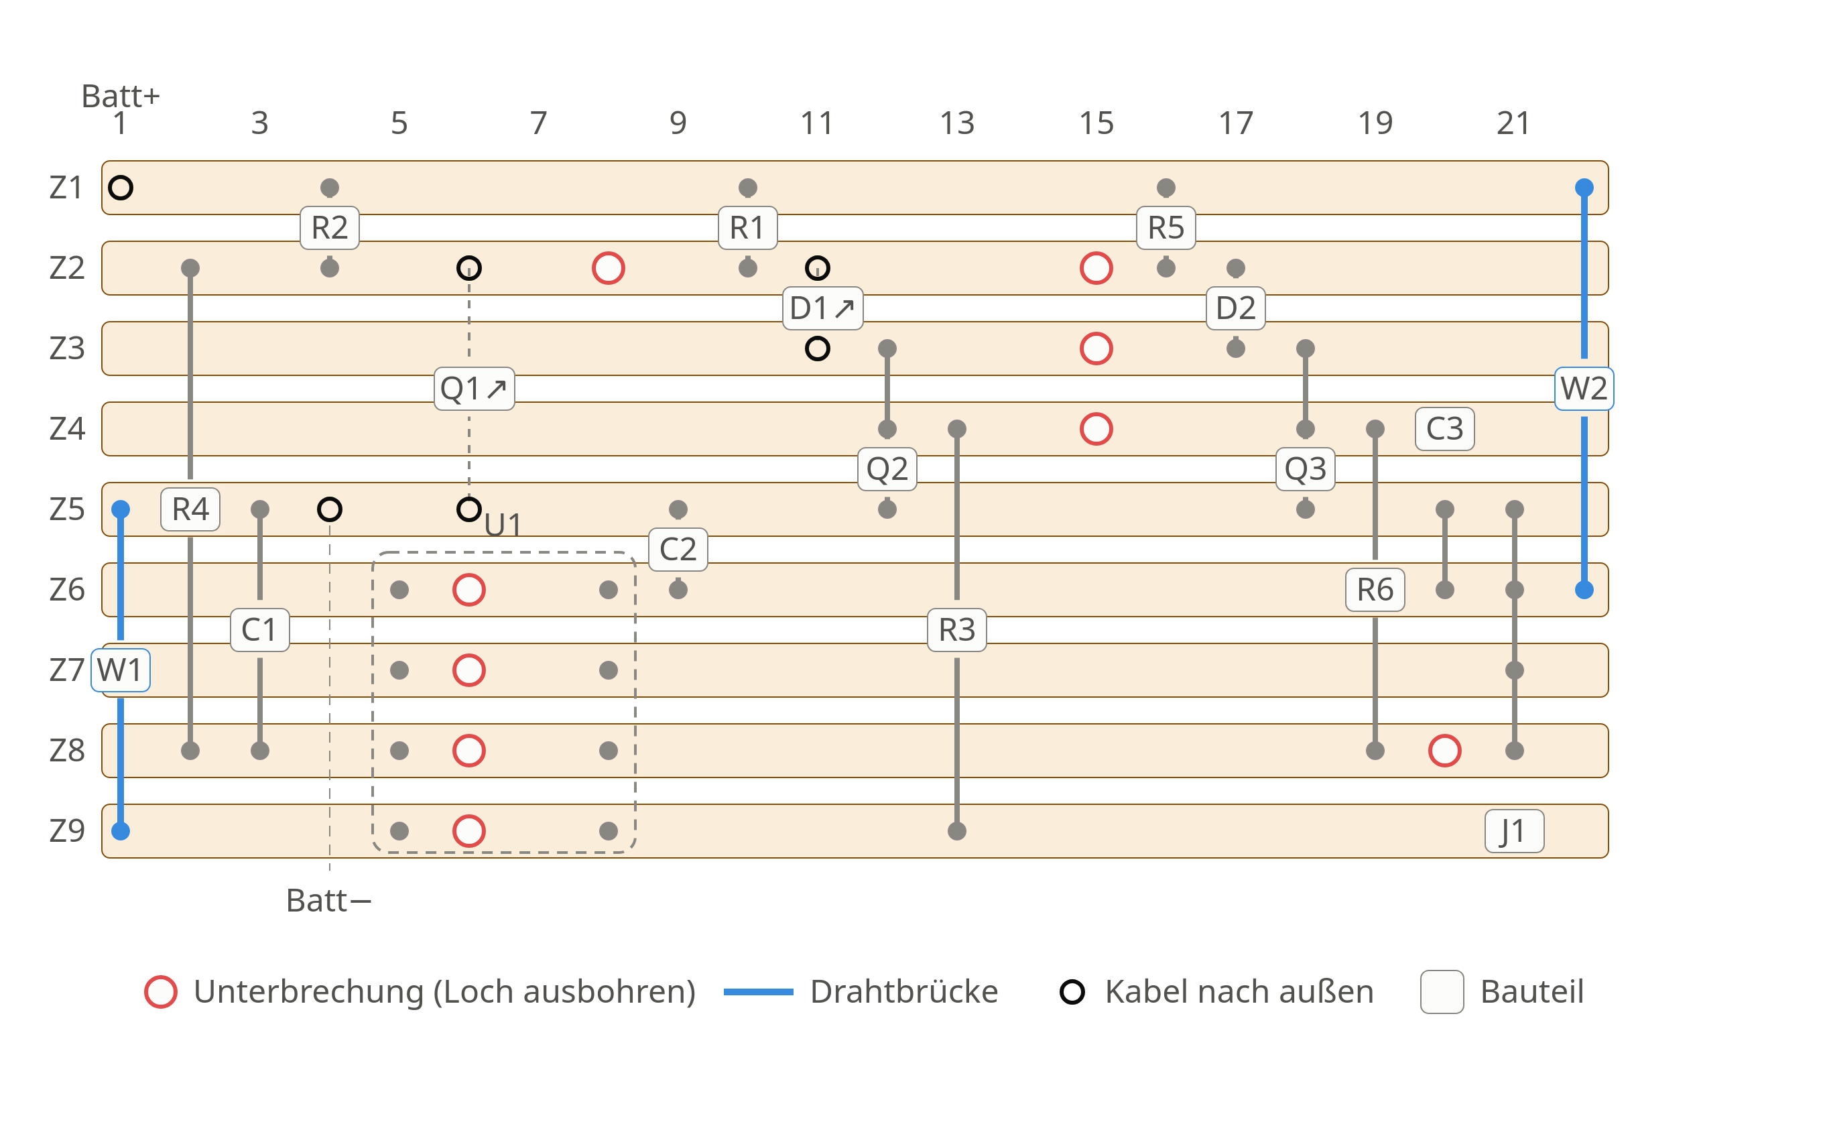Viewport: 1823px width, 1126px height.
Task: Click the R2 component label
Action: click(x=329, y=228)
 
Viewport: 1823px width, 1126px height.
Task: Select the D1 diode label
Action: click(x=822, y=308)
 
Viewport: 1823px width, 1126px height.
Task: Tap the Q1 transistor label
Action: click(x=474, y=389)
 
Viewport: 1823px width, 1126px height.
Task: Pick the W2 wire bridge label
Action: click(x=1584, y=389)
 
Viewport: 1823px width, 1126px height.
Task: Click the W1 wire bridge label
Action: click(x=121, y=670)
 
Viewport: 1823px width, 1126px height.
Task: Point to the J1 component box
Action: click(x=1514, y=831)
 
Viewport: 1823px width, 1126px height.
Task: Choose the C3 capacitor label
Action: click(x=1445, y=429)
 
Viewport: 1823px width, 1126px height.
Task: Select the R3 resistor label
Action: click(x=957, y=630)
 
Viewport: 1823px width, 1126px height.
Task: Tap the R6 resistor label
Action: click(x=1375, y=590)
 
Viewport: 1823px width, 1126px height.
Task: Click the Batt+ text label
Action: click(x=121, y=96)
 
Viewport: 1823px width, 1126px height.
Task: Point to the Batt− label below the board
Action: click(x=328, y=900)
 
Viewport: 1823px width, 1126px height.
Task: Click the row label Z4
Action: click(x=67, y=429)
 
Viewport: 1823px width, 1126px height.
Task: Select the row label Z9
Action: click(x=67, y=831)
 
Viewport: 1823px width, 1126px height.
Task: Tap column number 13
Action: click(x=957, y=123)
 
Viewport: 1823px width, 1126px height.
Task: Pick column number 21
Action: click(x=1514, y=123)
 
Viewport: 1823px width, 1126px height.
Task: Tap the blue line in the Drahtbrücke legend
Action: click(x=759, y=992)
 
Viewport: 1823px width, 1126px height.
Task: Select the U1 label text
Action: click(x=503, y=525)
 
